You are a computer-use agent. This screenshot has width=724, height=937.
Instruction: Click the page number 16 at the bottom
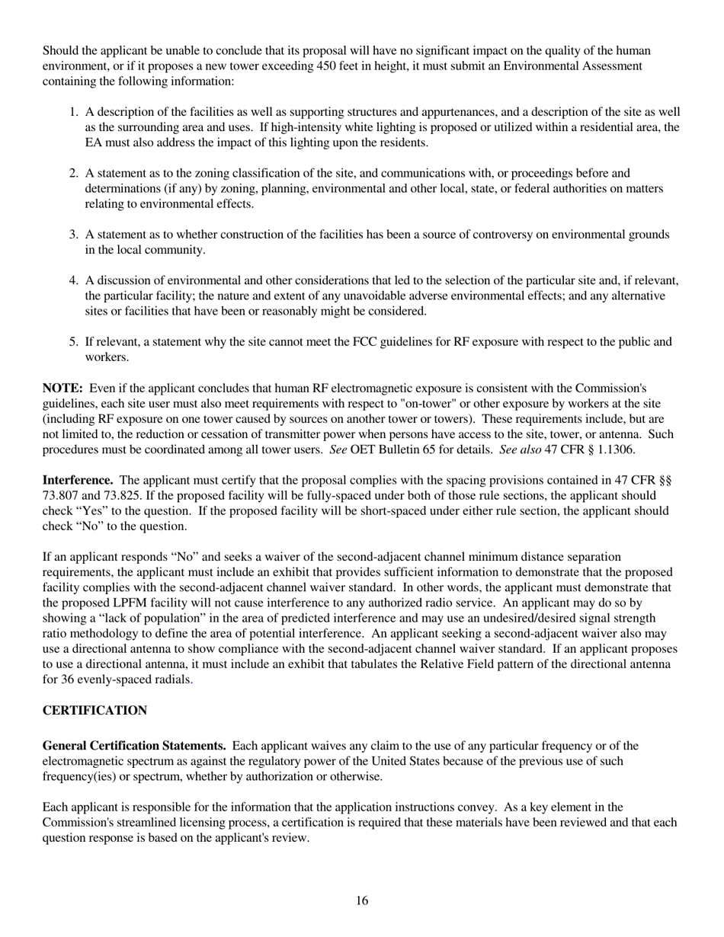[x=362, y=901]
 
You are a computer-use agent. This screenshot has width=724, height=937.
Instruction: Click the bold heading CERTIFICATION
[x=95, y=711]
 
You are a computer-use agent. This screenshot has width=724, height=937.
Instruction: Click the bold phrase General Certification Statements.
[x=134, y=746]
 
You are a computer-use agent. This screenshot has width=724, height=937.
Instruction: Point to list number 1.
[x=74, y=112]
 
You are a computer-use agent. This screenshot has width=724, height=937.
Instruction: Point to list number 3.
[x=74, y=235]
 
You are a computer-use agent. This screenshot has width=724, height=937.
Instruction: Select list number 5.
[x=74, y=342]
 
